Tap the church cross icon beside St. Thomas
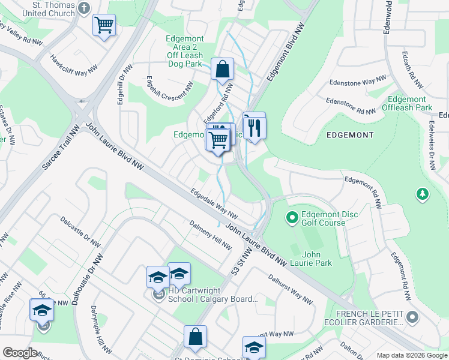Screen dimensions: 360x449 (x=83, y=8)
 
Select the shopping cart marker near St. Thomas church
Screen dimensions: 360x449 (x=104, y=25)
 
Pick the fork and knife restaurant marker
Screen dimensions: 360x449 (x=254, y=126)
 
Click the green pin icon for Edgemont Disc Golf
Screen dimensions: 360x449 (x=292, y=217)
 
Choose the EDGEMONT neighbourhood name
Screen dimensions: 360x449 (x=350, y=136)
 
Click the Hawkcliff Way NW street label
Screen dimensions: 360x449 (x=74, y=65)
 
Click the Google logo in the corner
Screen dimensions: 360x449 (x=20, y=353)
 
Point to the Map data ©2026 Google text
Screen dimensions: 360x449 (x=411, y=355)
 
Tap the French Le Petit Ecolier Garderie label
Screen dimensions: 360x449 (x=369, y=318)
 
